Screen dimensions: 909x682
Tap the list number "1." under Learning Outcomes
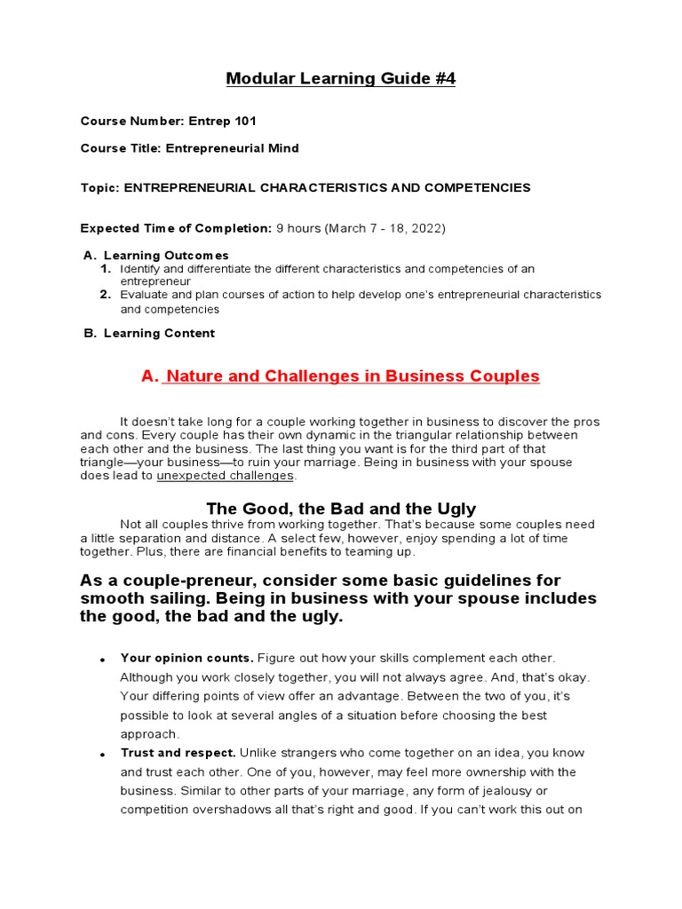[105, 268]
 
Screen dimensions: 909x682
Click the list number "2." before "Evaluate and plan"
[105, 294]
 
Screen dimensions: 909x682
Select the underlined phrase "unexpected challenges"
[225, 476]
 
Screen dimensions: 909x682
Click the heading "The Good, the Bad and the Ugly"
[341, 509]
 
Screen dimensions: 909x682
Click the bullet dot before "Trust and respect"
[103, 755]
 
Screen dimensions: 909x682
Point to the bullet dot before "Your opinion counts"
[103, 660]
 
